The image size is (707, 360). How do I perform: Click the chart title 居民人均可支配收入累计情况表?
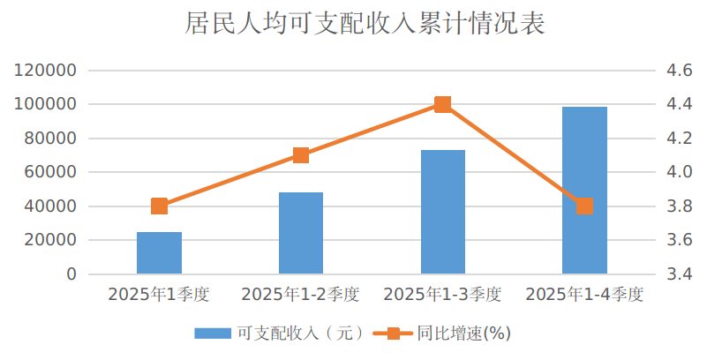coord(353,24)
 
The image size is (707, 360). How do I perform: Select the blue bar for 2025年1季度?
coord(159,253)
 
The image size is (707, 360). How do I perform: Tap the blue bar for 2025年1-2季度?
coord(301,233)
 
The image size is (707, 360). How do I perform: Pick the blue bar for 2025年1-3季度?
coord(443,212)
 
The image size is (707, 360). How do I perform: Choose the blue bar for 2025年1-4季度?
coord(584,190)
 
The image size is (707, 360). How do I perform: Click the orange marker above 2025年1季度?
coord(159,206)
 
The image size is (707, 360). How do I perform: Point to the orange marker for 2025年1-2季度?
coord(301,155)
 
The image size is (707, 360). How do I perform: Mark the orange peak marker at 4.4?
coord(443,104)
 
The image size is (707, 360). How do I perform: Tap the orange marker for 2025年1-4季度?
coord(584,206)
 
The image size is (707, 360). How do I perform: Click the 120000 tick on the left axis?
coord(45,71)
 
